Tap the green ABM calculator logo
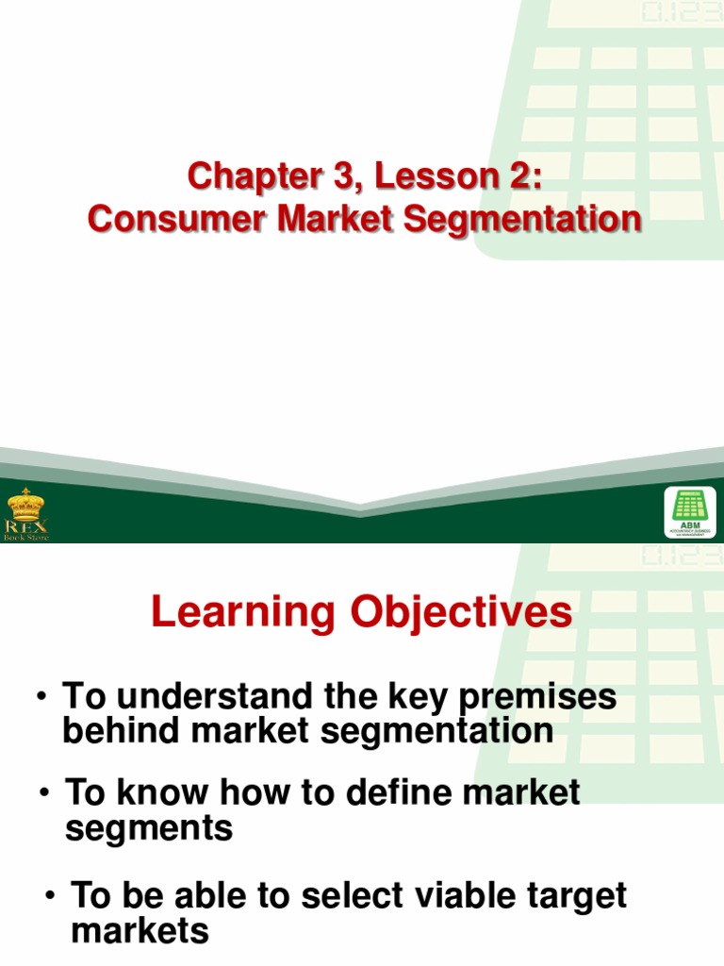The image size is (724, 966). click(x=689, y=512)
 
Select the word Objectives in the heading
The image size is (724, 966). click(x=462, y=613)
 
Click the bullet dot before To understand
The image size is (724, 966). click(x=42, y=697)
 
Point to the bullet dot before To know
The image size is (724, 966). click(x=44, y=793)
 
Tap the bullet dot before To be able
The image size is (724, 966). click(x=50, y=894)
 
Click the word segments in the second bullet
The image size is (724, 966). click(x=148, y=828)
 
